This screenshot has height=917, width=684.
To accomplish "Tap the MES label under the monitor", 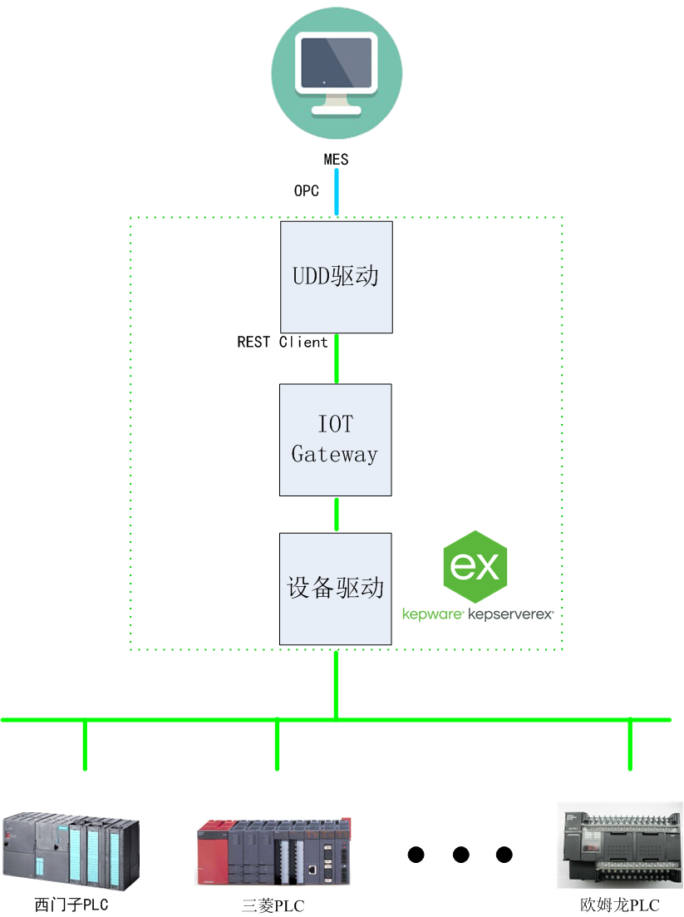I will coord(336,159).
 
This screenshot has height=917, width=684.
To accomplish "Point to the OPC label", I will coord(307,191).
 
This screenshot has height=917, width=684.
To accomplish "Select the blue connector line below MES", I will coord(337,191).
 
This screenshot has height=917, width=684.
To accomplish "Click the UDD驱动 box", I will coord(336,276).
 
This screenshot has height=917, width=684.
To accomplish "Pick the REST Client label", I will coord(283,342).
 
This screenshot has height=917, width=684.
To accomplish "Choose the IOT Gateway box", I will coord(335,440).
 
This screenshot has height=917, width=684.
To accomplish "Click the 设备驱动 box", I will coord(335,589).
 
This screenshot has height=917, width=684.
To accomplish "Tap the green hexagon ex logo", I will coord(475,566).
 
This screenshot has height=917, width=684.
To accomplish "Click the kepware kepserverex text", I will coord(477,615).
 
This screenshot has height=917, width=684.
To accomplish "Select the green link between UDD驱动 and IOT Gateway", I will coord(337,358).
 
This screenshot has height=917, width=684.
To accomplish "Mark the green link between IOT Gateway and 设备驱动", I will coord(337,515).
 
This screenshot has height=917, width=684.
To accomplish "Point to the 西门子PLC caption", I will coord(71,905).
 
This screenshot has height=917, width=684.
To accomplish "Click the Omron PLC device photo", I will coord(620,843).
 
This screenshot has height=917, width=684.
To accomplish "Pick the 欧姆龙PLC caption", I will coord(620,905).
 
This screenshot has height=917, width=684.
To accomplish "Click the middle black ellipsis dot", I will coord(460,854).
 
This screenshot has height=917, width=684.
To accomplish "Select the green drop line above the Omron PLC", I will coord(630,744).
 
